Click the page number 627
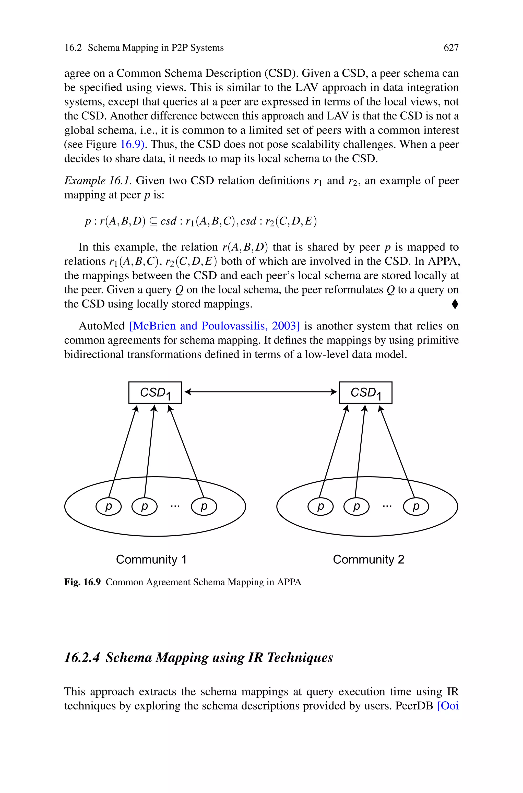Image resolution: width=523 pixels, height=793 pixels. pos(451,48)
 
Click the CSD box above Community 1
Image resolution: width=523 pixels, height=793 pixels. pos(155,393)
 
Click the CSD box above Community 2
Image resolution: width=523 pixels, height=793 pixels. pos(366,393)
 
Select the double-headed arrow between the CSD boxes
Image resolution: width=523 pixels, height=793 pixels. pos(260,392)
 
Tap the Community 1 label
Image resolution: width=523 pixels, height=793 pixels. pos(151,559)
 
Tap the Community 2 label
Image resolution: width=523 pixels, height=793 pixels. pos(368,559)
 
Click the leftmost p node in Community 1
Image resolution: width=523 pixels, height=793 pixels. pos(108,506)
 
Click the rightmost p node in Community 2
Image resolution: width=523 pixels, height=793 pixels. pos(416,506)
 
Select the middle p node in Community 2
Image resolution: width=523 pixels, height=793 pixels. pos(356,506)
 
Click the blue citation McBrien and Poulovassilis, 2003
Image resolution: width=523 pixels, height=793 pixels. pos(215,326)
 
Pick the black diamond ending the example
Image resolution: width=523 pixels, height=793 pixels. pos(455,304)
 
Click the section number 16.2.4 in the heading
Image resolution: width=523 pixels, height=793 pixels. pos(82,658)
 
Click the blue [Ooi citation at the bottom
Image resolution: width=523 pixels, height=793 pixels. pos(448,706)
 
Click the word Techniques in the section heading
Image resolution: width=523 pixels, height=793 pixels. pos(300,658)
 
